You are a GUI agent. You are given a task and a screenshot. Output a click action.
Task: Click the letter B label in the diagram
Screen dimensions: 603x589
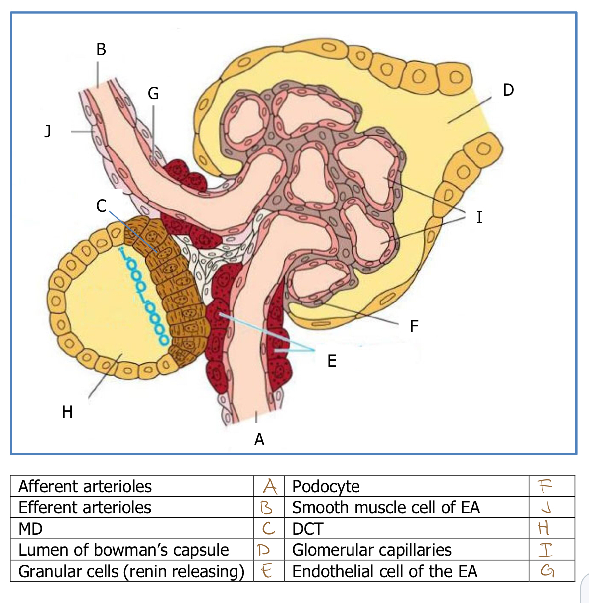101,49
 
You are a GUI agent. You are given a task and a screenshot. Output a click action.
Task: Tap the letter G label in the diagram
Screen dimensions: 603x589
153,93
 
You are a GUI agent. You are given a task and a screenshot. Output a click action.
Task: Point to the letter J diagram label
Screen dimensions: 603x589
48,131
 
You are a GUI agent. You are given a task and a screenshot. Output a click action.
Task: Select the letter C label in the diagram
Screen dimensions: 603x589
102,206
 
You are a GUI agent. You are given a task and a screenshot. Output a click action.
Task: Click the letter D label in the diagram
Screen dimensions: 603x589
508,90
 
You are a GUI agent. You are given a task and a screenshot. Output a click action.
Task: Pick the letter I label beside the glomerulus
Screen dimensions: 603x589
479,217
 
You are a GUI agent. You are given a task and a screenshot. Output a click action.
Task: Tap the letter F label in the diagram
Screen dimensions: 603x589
414,326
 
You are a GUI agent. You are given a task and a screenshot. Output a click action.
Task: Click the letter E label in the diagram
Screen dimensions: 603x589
332,361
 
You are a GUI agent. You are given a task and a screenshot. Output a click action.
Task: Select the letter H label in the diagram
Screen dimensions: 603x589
67,412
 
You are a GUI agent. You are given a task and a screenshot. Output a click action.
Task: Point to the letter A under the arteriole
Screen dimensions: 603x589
259,439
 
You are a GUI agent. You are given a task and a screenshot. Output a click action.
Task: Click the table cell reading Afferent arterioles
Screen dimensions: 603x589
85,486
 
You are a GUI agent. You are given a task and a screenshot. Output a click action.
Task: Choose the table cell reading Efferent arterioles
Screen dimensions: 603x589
85,507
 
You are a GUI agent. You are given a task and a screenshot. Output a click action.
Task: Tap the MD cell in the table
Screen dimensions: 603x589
30,529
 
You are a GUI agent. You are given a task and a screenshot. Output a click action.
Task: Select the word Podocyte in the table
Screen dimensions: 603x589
326,486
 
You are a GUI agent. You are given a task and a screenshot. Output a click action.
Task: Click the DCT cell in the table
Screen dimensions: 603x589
308,529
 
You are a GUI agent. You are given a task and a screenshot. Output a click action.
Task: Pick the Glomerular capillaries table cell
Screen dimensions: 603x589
371,550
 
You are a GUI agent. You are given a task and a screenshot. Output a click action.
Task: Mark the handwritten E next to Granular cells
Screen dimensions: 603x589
267,571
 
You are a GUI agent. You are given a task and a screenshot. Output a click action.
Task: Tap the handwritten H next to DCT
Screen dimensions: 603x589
544,528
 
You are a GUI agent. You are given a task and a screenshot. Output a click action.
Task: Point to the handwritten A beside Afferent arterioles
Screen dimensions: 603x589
269,485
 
